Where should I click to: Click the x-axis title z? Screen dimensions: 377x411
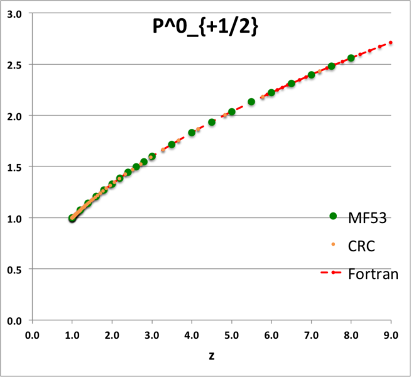212,356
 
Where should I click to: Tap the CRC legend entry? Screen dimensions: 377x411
361,246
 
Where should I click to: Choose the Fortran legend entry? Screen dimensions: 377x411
373,274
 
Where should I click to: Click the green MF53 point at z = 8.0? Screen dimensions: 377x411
351,58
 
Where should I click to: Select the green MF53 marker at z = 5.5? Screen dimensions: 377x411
251,102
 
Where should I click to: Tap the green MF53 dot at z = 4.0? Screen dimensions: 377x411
192,133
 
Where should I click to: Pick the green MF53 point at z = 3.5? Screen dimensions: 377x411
172,145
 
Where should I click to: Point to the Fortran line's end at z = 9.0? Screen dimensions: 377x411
391,43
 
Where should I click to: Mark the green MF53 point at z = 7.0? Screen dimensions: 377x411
311,75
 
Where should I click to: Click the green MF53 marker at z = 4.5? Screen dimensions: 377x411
212,122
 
